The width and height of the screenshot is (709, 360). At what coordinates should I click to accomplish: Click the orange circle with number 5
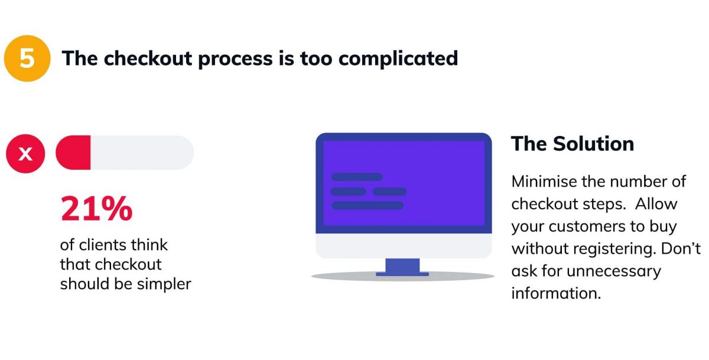click(x=27, y=59)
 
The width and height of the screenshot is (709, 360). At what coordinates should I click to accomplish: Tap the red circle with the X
click(x=25, y=154)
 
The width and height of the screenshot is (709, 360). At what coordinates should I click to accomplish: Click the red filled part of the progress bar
click(x=73, y=153)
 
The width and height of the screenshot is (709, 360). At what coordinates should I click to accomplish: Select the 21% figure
click(x=96, y=209)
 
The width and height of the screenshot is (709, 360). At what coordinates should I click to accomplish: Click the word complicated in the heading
click(x=398, y=59)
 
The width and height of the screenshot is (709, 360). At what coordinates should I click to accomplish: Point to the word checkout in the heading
click(x=148, y=59)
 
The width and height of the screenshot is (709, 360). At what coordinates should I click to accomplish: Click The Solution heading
click(x=573, y=144)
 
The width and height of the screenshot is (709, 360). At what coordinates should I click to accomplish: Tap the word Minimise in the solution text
click(x=544, y=181)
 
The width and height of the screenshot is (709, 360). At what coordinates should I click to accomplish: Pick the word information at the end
click(x=556, y=293)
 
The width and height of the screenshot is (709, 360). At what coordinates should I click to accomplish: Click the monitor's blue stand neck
click(x=402, y=265)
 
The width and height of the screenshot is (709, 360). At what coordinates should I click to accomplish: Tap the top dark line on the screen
click(x=357, y=177)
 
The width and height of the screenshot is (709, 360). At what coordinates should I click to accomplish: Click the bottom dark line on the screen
click(x=367, y=206)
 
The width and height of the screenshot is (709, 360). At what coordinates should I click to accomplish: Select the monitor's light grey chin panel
click(x=404, y=246)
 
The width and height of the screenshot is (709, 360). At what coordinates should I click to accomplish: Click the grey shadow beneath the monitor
click(x=402, y=277)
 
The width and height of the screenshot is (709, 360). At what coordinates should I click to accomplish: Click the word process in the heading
click(x=235, y=60)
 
